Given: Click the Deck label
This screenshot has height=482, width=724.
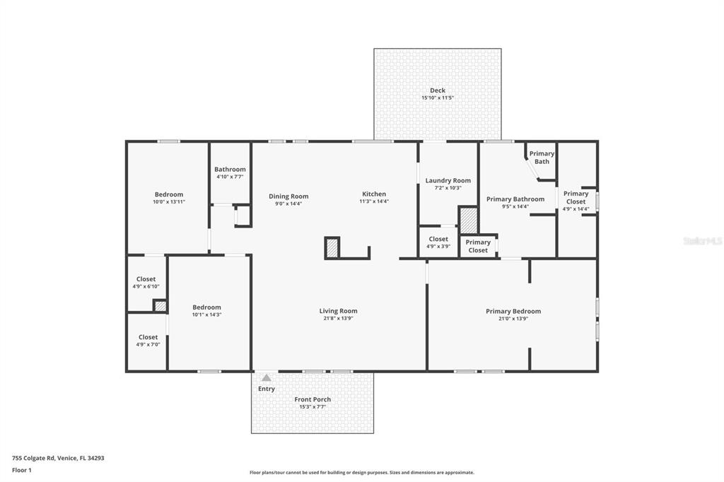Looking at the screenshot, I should pos(438,90).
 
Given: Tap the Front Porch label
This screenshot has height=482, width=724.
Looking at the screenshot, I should pos(313,399).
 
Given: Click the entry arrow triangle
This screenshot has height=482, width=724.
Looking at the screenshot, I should pos(266,378).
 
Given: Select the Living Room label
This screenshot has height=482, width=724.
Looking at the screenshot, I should pos(338,311).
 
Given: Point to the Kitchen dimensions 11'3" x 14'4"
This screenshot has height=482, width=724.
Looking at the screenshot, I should pos(374,201).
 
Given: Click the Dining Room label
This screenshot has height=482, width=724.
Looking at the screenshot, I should pos(288,196).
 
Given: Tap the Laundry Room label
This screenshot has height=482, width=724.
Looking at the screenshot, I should pos(448,181).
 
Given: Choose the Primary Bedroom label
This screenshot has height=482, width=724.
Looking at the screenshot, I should pos(513,311).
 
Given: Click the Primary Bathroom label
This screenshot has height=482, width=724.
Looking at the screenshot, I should pos(515,199).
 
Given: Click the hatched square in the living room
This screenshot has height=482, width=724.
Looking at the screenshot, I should pos(332,247).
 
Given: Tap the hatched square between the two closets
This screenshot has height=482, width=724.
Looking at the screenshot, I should pos(160,306).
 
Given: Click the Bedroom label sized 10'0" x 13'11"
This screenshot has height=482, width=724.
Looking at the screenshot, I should pos(169,194).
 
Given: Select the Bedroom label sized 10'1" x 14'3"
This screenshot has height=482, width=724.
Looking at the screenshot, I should pos(206,307).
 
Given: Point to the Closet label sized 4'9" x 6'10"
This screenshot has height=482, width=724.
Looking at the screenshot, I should pos(146,279).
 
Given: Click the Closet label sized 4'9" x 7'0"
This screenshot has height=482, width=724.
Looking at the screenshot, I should pos(148,337).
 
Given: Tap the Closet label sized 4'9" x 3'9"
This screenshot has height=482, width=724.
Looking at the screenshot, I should pos(438,240).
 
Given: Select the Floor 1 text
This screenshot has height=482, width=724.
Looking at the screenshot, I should pos(22,470).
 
